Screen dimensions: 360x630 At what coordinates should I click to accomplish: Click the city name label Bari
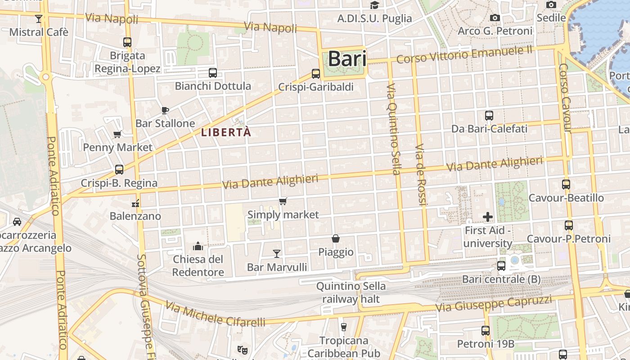347,59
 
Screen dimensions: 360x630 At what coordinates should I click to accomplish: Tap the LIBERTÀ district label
226,132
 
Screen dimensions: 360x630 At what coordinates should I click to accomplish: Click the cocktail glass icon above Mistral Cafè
39,19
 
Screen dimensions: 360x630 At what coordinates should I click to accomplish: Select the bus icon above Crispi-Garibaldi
316,74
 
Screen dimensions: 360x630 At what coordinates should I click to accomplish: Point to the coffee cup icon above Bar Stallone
165,110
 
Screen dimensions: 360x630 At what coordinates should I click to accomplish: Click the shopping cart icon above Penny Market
117,134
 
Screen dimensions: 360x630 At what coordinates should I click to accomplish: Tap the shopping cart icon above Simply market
283,202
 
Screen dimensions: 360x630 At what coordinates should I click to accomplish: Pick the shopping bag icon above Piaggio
336,238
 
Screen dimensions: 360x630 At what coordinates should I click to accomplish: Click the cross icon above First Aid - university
488,217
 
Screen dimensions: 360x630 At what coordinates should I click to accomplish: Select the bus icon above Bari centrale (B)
501,266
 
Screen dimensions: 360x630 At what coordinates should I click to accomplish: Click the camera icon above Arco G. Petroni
495,18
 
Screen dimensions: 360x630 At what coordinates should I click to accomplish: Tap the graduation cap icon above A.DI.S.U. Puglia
374,5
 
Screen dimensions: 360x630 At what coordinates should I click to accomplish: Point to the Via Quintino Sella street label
393,129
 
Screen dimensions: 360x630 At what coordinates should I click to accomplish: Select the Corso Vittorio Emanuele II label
464,54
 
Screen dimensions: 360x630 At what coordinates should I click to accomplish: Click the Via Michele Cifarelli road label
215,314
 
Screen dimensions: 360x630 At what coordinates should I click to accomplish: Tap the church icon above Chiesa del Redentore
198,246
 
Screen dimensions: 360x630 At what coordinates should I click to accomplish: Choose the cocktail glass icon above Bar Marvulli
277,254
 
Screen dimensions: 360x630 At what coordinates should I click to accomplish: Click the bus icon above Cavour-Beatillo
566,184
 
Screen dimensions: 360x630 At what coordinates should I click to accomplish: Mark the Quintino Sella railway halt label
351,292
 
